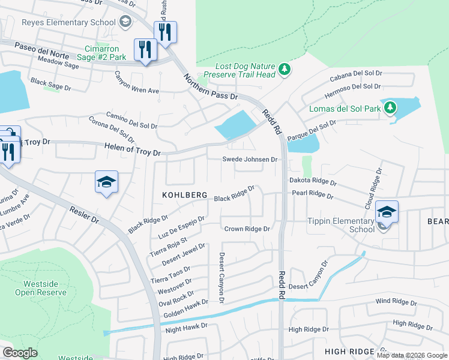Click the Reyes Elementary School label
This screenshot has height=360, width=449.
pos(68,22)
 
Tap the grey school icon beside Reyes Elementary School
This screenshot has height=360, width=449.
pos(125,23)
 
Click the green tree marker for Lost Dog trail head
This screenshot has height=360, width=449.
pos(284,70)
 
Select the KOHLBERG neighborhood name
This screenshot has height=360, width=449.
pos(185,196)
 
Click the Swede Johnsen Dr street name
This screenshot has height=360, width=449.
pos(250,160)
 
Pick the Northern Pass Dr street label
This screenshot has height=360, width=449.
pos(211,87)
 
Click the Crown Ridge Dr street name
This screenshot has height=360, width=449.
pos(247,229)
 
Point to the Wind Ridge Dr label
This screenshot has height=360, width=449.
pos(396,301)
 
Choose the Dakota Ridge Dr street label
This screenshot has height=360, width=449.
pos(313,181)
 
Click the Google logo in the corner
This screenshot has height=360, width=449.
pos(20,353)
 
